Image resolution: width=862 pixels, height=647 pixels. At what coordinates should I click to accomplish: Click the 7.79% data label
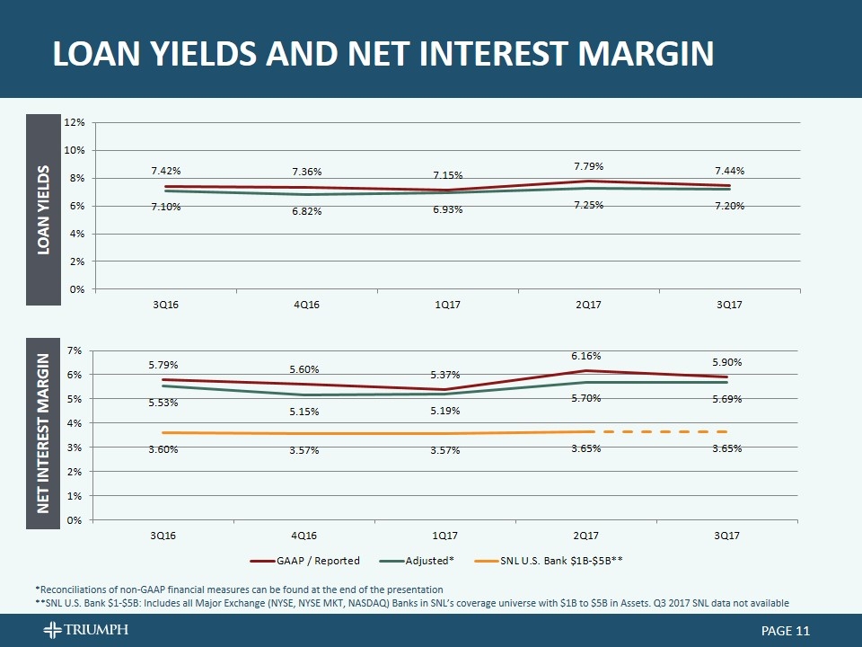click(588, 165)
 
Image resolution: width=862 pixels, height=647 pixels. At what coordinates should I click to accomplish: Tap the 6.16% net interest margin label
click(588, 356)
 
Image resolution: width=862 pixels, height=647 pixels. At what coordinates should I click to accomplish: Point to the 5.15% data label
click(306, 412)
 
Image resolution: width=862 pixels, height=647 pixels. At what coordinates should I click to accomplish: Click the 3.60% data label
click(163, 448)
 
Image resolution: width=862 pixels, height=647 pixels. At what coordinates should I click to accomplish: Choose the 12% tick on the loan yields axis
click(75, 122)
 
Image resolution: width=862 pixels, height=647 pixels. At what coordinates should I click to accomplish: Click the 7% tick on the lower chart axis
click(76, 350)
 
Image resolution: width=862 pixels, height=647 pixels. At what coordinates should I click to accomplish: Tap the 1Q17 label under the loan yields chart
click(446, 305)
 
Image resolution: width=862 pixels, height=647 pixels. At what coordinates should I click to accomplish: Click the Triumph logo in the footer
click(85, 630)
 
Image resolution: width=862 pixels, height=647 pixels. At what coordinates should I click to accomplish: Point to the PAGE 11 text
click(778, 631)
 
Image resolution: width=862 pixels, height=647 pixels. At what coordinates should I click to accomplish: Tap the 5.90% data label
click(727, 362)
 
